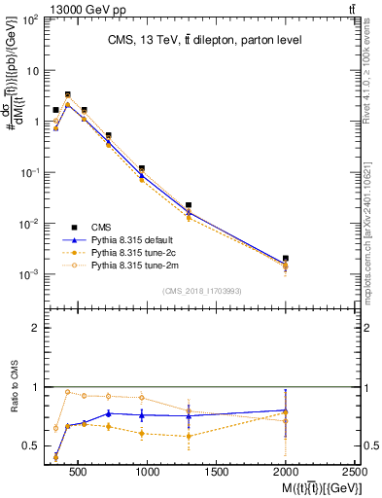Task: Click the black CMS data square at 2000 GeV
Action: point(286,259)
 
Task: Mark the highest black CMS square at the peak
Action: point(67,95)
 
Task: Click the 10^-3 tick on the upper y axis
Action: point(29,274)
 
